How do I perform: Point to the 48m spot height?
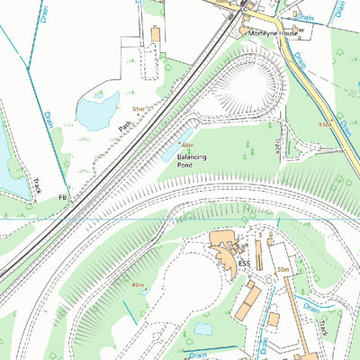coord(186,145)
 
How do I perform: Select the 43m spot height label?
coord(138,284)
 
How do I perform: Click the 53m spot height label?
coord(282,269)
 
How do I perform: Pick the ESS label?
coord(244,263)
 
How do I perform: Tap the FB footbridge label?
coord(62,196)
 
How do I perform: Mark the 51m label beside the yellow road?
coord(324,125)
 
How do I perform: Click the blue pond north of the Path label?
coord(93,111)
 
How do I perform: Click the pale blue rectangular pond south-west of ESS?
coord(203,328)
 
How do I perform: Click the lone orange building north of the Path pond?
coord(155,34)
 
